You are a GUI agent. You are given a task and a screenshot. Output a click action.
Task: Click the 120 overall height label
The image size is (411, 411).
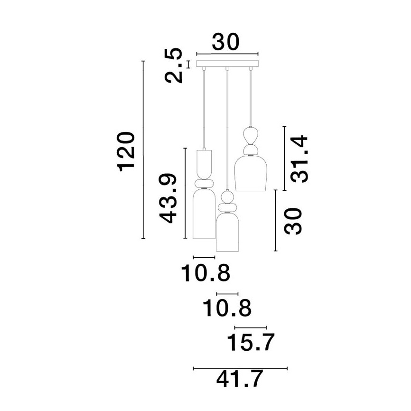[x=127, y=151]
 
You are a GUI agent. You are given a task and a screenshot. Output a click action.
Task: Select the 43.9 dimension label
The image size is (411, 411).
[x=168, y=199]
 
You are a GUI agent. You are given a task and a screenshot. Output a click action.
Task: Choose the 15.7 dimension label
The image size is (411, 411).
[x=251, y=342]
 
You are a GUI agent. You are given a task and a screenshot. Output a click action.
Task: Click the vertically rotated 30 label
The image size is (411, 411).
[x=293, y=221]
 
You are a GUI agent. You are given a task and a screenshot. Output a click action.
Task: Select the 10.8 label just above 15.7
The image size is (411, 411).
[x=227, y=308]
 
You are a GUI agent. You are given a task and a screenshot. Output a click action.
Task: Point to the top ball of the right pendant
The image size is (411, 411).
[x=250, y=133]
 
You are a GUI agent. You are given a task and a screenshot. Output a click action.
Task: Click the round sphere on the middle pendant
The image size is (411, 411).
[x=227, y=196]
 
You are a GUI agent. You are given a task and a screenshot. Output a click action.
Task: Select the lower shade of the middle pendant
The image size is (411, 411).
[x=227, y=233]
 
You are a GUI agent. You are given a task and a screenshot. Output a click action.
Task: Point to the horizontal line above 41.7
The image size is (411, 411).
[x=241, y=368]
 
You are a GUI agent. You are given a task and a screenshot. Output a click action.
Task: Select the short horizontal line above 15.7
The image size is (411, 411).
[x=251, y=327]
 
